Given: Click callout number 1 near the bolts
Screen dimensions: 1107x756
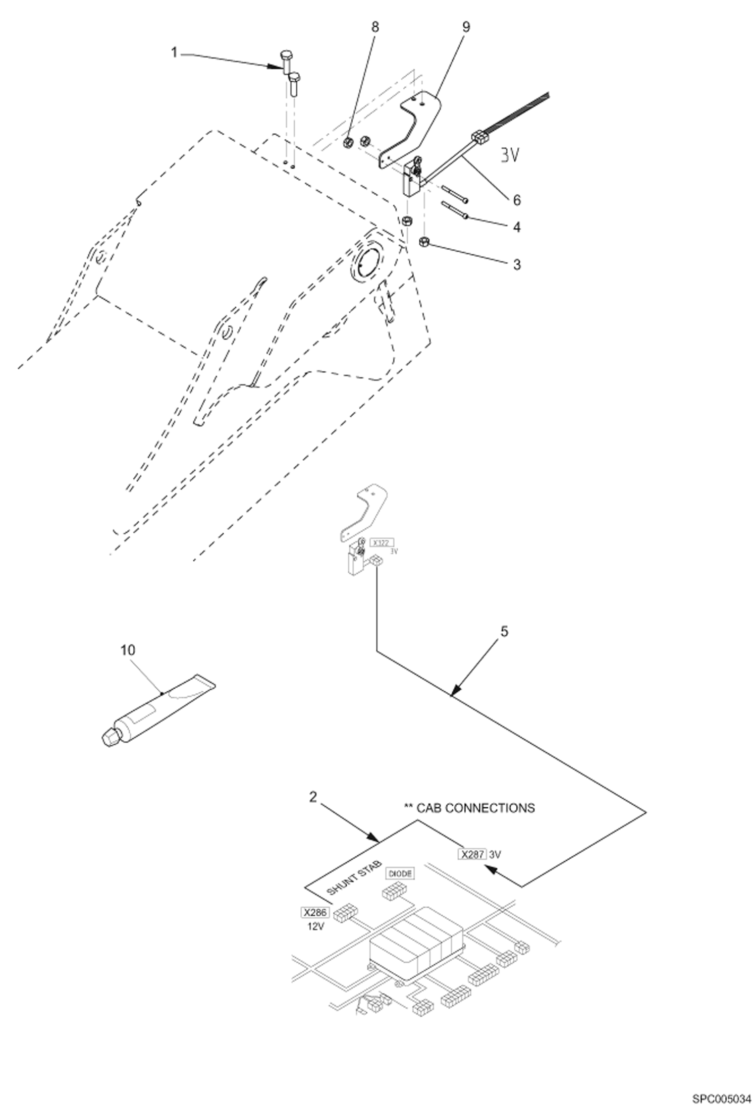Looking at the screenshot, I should point(175,52).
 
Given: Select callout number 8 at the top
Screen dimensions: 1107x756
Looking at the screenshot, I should point(374,26).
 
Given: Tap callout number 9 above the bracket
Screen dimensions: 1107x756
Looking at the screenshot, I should point(466,26).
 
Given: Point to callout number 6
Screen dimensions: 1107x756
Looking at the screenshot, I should point(516,200).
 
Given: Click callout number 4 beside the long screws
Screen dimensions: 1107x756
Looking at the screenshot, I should point(516,227).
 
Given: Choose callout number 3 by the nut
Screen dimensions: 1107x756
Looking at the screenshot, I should point(516,264).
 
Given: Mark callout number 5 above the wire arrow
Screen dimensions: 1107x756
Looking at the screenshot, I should point(504,631).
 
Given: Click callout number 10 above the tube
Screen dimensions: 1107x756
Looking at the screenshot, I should point(128,650).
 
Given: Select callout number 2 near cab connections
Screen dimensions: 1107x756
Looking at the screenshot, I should point(313,797).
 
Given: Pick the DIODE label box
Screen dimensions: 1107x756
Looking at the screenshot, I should point(400,873).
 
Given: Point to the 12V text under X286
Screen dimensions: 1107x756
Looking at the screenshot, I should point(315,926).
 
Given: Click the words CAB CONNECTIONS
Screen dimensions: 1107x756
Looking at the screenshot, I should point(474,808).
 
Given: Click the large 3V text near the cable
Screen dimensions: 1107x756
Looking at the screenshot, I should point(510,155).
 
